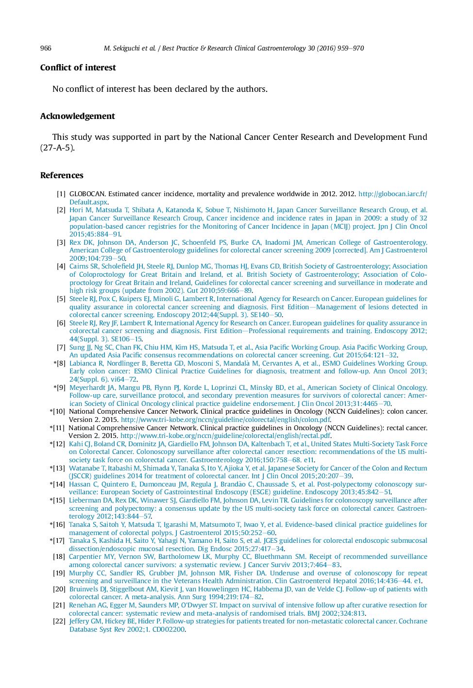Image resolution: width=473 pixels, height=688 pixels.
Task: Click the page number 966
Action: pos(46,48)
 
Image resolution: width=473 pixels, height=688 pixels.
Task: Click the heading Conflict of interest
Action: pos(78,67)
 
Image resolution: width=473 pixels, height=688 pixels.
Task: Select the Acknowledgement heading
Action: pos(77,116)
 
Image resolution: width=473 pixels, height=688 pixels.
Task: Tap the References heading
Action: pos(62,175)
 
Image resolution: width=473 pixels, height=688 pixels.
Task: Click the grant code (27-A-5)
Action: pos(57,148)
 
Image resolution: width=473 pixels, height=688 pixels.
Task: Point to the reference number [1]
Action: pos(61,194)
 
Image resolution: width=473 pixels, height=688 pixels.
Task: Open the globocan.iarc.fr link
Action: pos(392,194)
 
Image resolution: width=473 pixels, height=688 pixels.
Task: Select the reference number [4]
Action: pos(61,266)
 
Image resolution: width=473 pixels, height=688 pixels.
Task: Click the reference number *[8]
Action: pos(59,363)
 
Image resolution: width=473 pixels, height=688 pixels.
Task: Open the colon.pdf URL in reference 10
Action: pos(225,420)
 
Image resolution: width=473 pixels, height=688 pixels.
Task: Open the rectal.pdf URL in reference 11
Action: pos(225,436)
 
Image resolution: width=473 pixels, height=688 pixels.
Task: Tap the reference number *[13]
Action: pos(57,468)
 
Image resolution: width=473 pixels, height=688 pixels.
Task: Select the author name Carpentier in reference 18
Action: pos(85,556)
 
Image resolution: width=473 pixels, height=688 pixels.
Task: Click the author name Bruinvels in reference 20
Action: pos(84,589)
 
